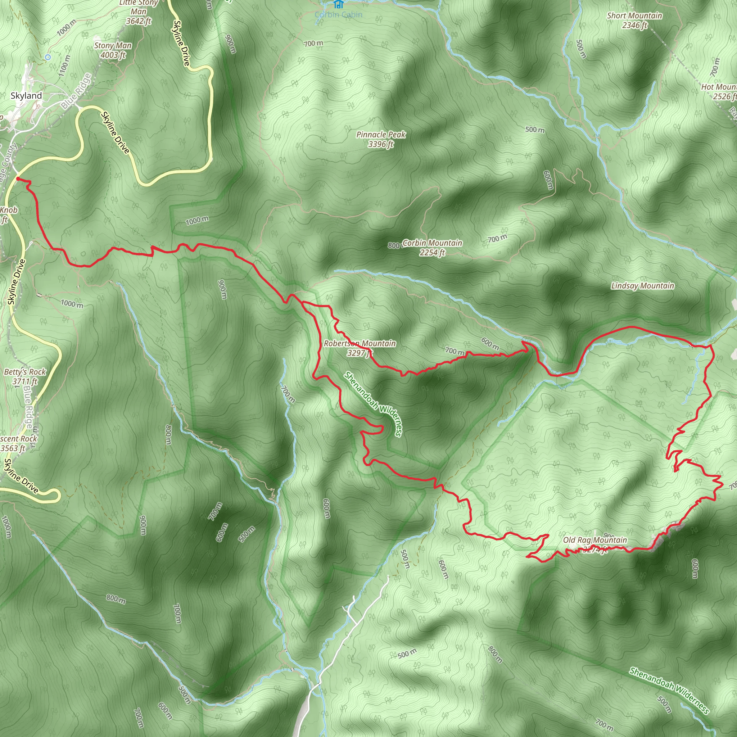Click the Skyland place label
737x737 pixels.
pos(26,96)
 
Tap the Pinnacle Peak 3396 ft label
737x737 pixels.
pos(381,139)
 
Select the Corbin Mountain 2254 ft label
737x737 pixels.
pos(432,248)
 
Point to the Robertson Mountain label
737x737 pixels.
pos(360,344)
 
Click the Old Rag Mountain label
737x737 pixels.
pos(595,540)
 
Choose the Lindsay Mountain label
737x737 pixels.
pos(642,286)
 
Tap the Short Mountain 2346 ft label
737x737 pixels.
pos(634,20)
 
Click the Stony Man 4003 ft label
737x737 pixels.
pos(113,50)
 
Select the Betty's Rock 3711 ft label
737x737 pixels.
pos(25,376)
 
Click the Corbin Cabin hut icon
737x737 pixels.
pos(338,4)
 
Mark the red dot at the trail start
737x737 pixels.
pos(18,178)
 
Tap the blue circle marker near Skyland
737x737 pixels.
pos(48,57)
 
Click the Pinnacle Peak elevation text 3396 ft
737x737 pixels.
pos(381,144)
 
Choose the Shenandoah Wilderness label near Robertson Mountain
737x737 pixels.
pos(373,404)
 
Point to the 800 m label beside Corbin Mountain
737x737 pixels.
pos(394,245)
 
